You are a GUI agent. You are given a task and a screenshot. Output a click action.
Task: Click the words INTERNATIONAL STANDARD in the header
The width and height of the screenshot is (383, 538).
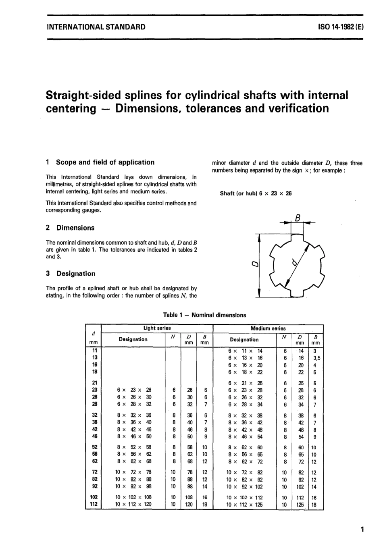pyautogui.click(x=96, y=27)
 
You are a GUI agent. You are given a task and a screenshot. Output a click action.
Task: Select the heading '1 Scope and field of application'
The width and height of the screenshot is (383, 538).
pyautogui.click(x=100, y=162)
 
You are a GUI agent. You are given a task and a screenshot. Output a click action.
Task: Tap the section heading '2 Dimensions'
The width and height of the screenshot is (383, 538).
pyautogui.click(x=70, y=228)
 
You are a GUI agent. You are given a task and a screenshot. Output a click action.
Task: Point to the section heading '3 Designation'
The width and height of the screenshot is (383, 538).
pyautogui.click(x=71, y=274)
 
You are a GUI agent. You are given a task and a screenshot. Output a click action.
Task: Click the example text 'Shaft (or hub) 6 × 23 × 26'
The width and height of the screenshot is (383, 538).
pyautogui.click(x=255, y=193)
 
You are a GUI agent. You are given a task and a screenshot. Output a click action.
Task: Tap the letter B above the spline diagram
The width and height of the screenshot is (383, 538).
pyautogui.click(x=298, y=218)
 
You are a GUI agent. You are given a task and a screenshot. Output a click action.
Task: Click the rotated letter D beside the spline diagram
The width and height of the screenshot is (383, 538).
pyautogui.click(x=254, y=264)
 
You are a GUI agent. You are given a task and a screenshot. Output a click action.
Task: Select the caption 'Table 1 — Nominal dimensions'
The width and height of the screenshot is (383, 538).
pyautogui.click(x=204, y=315)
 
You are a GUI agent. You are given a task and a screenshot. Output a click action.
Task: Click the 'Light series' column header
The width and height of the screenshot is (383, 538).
pyautogui.click(x=157, y=328)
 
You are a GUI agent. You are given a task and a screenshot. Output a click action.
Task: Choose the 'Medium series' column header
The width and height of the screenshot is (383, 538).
pyautogui.click(x=268, y=328)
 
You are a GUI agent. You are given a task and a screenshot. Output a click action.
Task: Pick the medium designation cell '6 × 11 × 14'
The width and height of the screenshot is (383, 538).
pyautogui.click(x=245, y=351)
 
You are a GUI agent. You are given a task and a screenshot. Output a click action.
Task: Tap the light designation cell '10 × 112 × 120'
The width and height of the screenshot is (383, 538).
pyautogui.click(x=133, y=504)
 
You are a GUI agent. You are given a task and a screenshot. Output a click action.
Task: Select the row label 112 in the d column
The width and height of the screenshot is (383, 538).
pyautogui.click(x=94, y=504)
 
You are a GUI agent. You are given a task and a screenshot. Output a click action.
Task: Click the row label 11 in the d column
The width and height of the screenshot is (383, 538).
pyautogui.click(x=94, y=351)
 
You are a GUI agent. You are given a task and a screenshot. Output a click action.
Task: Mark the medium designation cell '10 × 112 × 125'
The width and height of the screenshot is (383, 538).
pyautogui.click(x=244, y=504)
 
